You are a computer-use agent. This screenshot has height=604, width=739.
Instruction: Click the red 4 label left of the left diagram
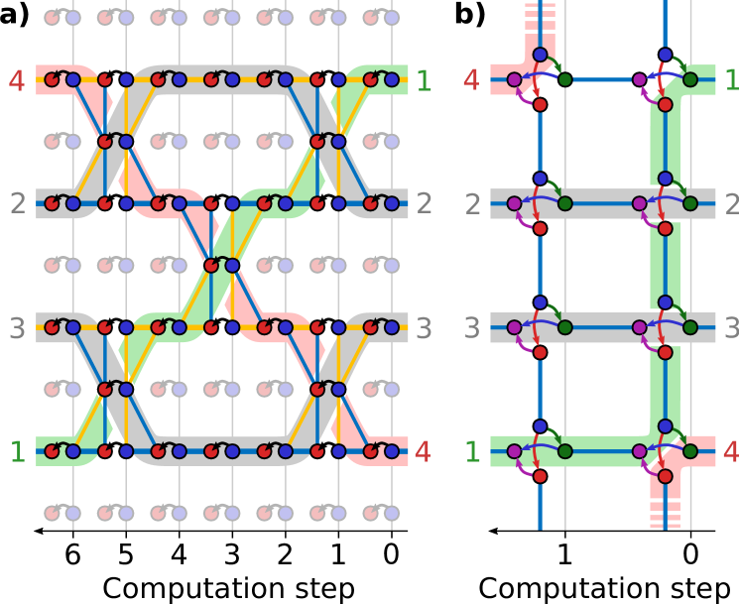17,80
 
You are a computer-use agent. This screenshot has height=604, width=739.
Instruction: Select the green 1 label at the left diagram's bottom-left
17,452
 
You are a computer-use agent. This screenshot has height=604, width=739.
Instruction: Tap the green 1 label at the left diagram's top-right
424,80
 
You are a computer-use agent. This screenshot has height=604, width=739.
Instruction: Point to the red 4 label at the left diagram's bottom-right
423,452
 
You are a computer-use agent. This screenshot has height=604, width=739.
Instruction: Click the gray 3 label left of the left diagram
17,328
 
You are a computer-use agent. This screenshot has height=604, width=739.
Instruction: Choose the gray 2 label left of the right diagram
473,204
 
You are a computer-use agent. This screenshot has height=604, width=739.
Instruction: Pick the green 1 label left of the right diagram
473,452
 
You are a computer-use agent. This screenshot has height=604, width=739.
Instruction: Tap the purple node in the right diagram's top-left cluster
514,79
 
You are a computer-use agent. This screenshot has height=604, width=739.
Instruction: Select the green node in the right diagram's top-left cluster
564,79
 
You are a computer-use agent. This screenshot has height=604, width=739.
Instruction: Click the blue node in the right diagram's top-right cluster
665,55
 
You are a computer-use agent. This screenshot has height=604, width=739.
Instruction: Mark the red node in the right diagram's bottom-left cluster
540,476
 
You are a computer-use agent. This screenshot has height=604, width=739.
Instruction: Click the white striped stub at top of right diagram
540,18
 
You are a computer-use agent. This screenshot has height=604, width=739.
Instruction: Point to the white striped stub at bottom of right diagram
665,511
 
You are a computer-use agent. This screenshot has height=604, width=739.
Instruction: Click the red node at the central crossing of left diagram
210,265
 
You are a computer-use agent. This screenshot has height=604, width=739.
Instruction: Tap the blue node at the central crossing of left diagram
232,265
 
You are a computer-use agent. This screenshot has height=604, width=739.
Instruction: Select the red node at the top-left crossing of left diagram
104,142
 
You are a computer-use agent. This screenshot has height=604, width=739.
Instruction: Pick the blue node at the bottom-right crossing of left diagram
338,389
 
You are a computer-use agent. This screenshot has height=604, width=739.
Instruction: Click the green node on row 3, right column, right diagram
690,327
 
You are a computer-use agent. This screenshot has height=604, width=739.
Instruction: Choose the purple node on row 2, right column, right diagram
640,203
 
